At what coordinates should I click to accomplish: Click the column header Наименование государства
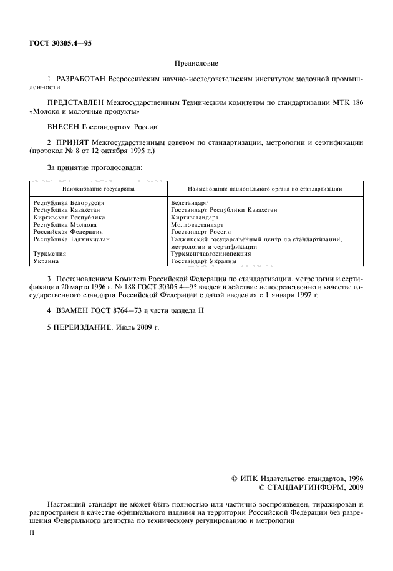point(98,188)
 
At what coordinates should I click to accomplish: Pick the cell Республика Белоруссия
point(69,204)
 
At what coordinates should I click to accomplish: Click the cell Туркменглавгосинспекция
point(211,254)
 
